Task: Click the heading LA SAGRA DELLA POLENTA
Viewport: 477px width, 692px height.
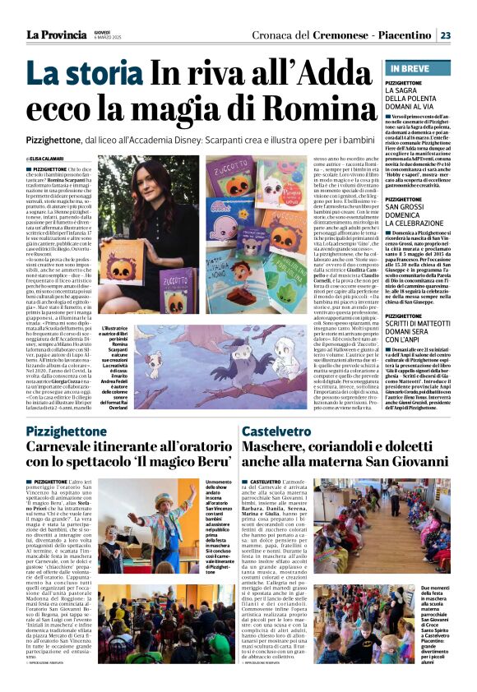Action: (x=417, y=100)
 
